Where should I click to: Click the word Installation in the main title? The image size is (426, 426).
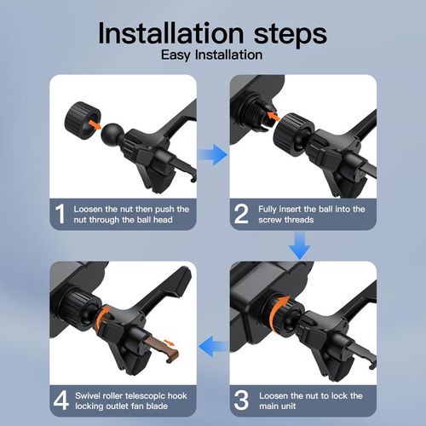tap(170, 33)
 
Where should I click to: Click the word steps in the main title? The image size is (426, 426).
tap(291, 35)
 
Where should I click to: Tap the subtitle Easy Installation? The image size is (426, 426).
tap(212, 55)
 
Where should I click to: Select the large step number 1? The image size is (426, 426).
tap(60, 214)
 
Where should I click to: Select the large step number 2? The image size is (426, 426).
tap(241, 214)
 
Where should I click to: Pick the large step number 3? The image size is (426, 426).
tap(241, 400)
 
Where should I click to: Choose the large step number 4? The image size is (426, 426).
tap(61, 400)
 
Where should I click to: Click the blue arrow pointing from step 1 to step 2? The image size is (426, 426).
tap(213, 155)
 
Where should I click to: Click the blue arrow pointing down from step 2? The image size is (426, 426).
tap(300, 245)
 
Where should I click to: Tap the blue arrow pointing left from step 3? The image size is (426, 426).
tap(213, 347)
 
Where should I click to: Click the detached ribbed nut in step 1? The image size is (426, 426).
tap(83, 120)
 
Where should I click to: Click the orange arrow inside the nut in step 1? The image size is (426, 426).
tap(95, 124)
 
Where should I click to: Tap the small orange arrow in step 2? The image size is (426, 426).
tap(273, 116)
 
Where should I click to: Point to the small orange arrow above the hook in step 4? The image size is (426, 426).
tap(170, 342)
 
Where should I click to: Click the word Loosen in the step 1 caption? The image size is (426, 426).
tap(88, 210)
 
